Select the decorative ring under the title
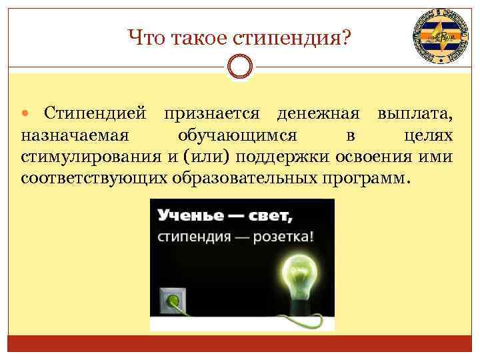[240, 67]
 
